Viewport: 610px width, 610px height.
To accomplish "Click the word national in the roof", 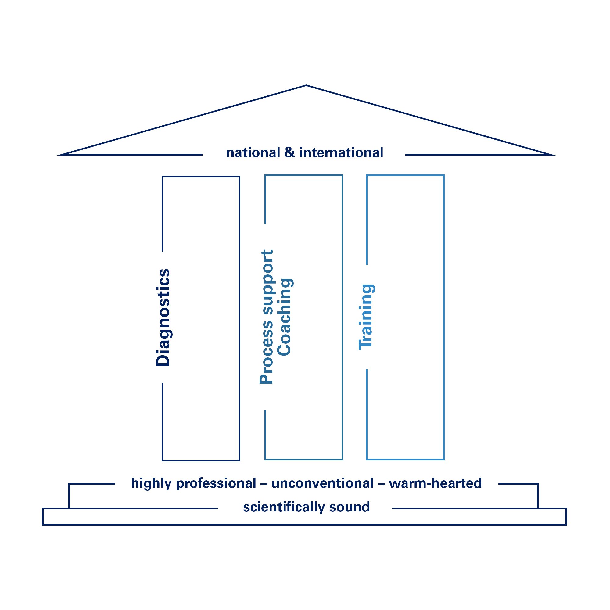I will click(253, 153).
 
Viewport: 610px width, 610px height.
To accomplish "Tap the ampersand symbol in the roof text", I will click(289, 152).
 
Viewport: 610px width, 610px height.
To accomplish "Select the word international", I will click(341, 153).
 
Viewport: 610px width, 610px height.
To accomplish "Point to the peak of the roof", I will click(306, 86).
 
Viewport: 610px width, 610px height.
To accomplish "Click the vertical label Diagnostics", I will click(163, 317).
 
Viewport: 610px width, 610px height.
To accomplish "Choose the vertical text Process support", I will click(267, 317).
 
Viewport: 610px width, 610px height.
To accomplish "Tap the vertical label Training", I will click(366, 317).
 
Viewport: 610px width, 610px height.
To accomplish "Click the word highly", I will click(151, 484).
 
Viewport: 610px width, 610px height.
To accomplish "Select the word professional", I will click(216, 484).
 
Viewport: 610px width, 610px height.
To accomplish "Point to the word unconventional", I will click(322, 483).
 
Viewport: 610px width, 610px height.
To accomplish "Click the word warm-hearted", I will click(435, 483).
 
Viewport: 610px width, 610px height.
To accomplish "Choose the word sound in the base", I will click(350, 508).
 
